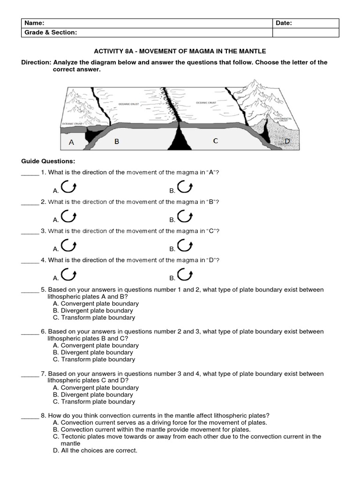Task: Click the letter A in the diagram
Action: pyautogui.click(x=71, y=142)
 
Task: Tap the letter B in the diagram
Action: pyautogui.click(x=116, y=141)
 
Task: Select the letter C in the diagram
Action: pyautogui.click(x=215, y=141)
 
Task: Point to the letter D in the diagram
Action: pyautogui.click(x=287, y=141)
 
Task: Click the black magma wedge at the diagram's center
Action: pyautogui.click(x=180, y=140)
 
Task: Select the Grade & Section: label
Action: pyautogui.click(x=51, y=32)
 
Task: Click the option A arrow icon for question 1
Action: pyautogui.click(x=69, y=187)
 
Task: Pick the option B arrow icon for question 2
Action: pyautogui.click(x=185, y=217)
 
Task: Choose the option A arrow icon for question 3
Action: pyautogui.click(x=69, y=246)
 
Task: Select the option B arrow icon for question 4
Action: pyautogui.click(x=185, y=275)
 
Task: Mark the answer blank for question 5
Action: pyautogui.click(x=30, y=290)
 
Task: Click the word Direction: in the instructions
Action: pyautogui.click(x=36, y=62)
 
